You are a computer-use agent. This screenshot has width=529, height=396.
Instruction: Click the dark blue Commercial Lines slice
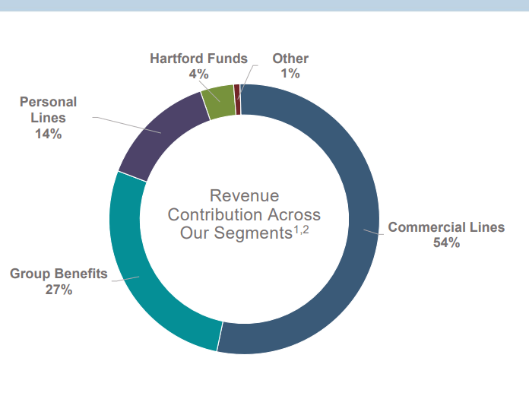357,228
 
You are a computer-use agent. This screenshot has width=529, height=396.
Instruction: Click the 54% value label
446,243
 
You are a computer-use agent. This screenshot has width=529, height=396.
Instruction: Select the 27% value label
59,290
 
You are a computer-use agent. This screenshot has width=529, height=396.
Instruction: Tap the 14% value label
48,134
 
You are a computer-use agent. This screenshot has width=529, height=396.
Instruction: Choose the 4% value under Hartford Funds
198,74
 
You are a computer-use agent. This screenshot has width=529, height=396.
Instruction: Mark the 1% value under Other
290,74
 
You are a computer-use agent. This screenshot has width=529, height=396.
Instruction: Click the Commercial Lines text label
446,227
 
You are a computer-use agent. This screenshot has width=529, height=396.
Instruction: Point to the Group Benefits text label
59,274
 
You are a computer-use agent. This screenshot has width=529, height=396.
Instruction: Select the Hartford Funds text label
198,59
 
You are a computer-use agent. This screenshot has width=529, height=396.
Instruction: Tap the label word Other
290,59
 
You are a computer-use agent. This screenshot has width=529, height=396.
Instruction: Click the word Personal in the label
48,102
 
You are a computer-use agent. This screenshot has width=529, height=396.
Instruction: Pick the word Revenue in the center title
244,196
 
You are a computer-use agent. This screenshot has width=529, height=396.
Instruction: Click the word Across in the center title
294,214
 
